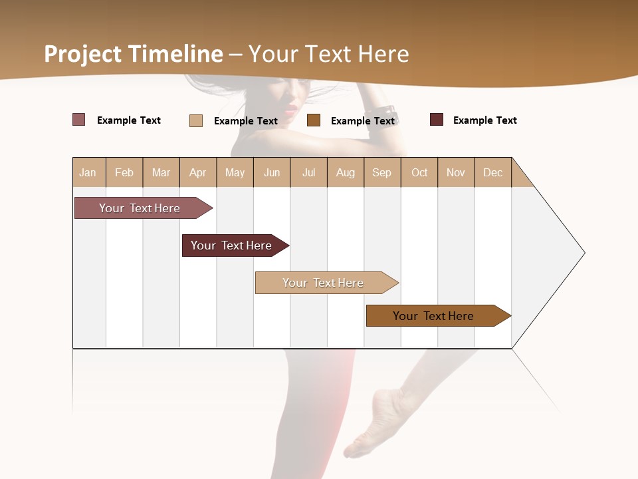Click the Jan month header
point(88,172)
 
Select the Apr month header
point(197,172)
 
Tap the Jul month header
point(308,172)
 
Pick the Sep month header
point(381,172)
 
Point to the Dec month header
point(492,172)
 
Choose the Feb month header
point(124,172)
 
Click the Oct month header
point(419,172)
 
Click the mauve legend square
point(79,120)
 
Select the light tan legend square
point(196,120)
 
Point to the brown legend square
point(314,120)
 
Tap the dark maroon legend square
point(437,120)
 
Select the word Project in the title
point(83,54)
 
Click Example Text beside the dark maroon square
point(484,120)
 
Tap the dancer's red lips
point(290,108)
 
